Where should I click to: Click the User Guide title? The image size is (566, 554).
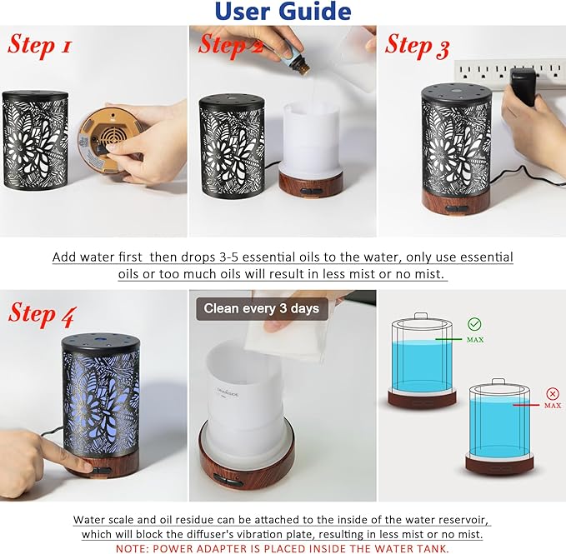pos(283,12)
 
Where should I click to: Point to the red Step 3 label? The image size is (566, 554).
pos(418,45)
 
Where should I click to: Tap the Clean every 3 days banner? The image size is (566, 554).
pos(262,308)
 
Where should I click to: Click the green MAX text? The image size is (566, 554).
pos(474,340)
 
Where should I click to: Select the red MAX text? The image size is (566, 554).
pos(552,406)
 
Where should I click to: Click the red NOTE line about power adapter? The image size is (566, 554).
pos(283,547)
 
